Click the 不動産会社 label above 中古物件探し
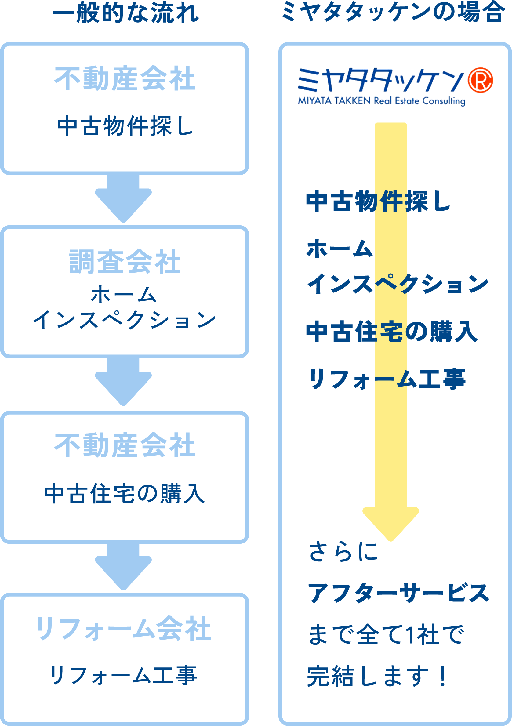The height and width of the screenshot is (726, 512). [x=125, y=79]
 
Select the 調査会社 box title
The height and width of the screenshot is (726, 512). [x=125, y=262]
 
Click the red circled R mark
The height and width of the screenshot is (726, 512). [x=480, y=80]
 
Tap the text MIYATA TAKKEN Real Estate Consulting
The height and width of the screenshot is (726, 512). [x=381, y=101]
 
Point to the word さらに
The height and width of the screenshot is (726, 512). [x=343, y=552]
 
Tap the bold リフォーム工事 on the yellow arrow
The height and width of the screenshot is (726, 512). [x=387, y=379]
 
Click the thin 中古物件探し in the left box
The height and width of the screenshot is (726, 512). [x=125, y=126]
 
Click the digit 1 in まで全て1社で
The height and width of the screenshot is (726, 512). [x=409, y=634]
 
